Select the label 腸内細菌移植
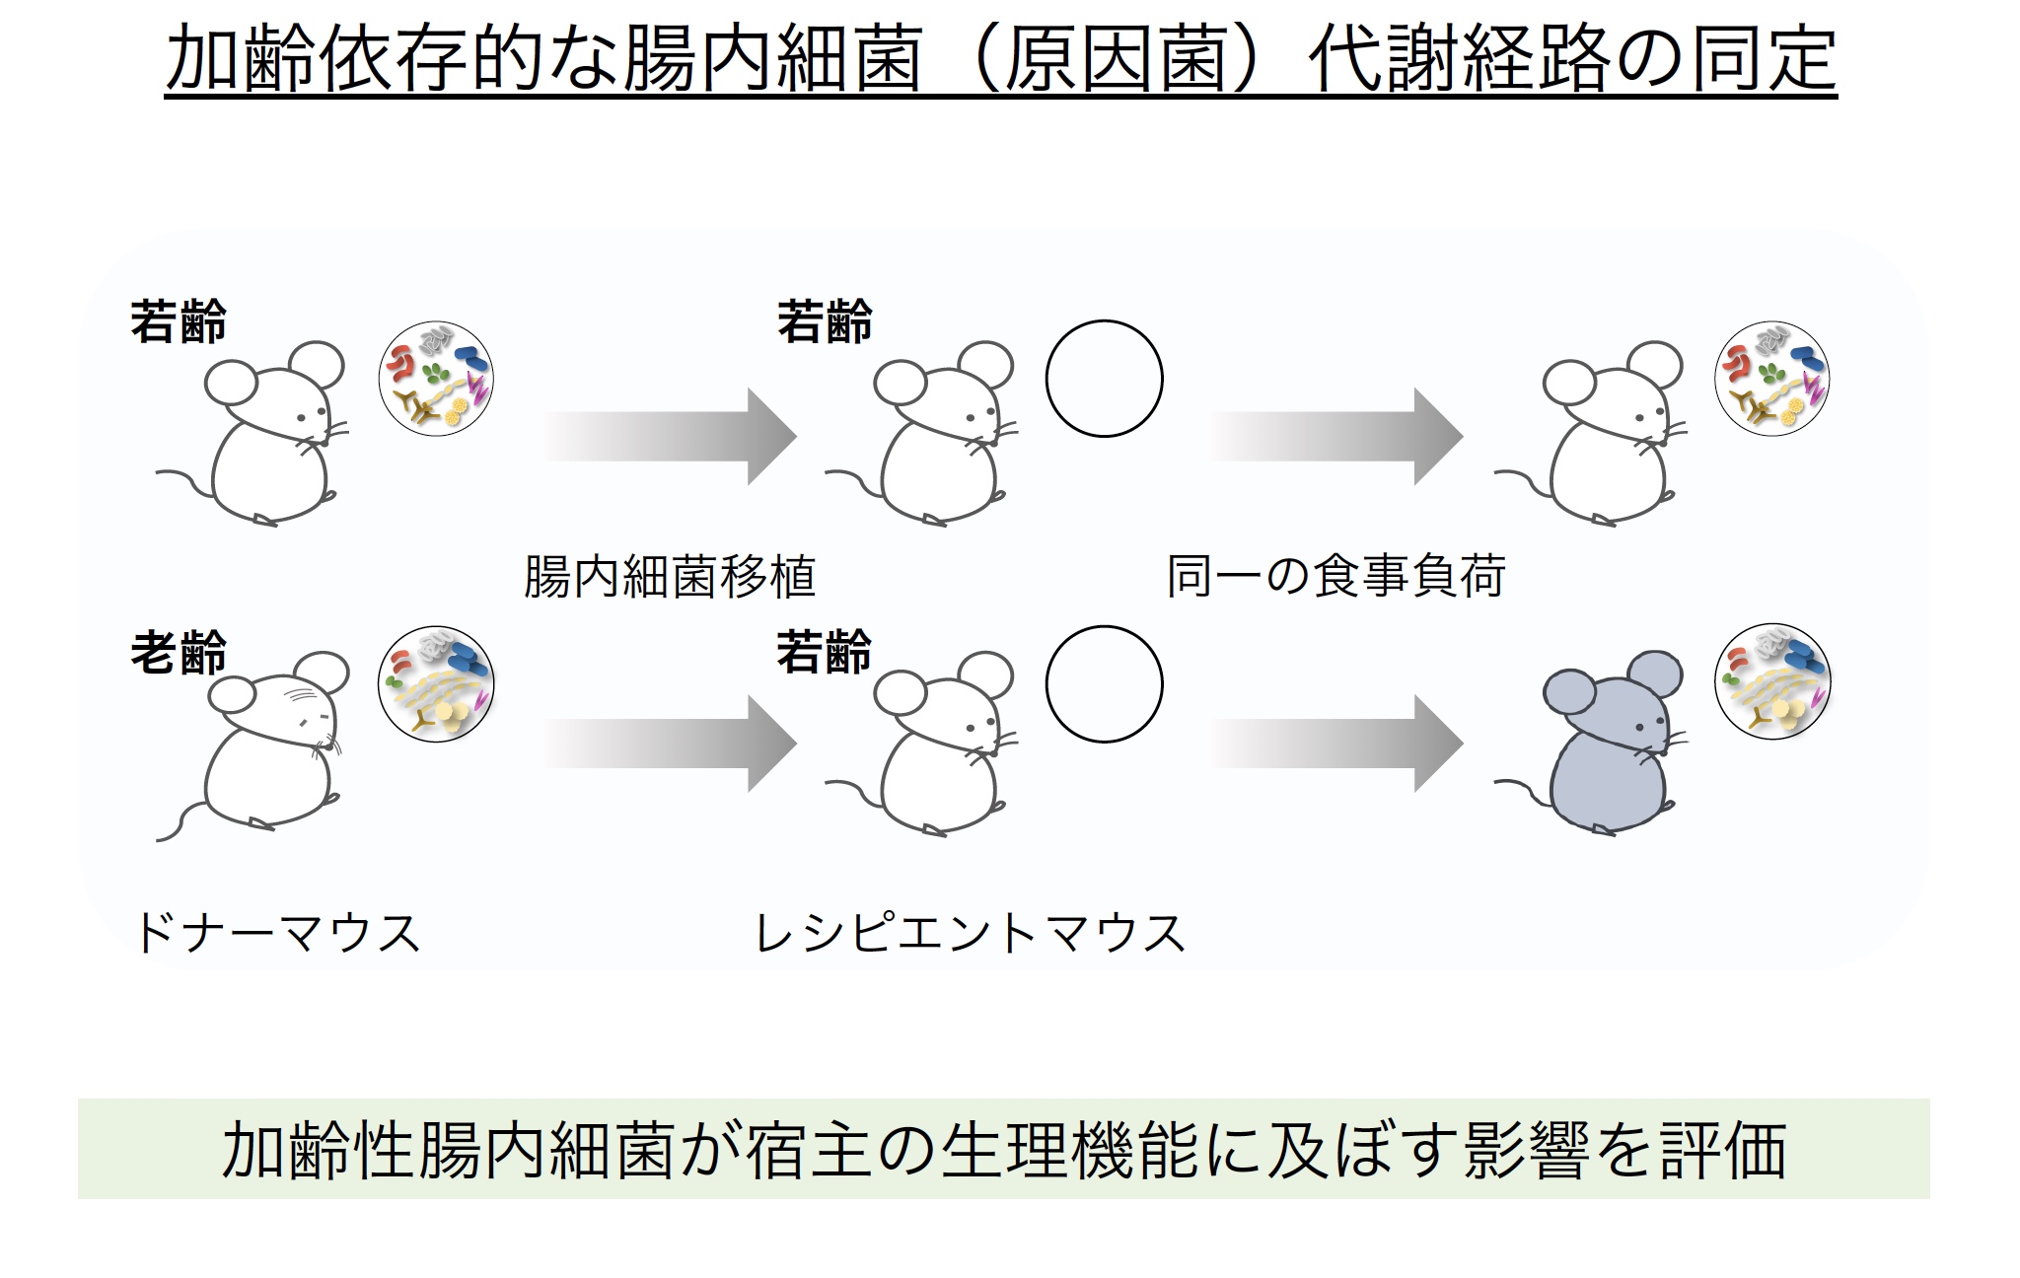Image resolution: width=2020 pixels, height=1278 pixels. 669,577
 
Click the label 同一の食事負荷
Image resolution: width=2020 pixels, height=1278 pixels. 1335,577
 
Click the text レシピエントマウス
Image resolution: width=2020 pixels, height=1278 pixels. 969,933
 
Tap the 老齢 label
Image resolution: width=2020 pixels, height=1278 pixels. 179,653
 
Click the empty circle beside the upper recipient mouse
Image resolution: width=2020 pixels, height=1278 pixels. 1104,379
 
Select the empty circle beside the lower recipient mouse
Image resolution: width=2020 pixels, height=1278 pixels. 1104,684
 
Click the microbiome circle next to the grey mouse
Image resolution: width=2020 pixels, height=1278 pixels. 1772,681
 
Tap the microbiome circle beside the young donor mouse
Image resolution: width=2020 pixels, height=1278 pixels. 436,379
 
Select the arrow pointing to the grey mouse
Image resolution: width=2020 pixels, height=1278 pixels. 1335,744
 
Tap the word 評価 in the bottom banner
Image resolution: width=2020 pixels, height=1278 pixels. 1722,1150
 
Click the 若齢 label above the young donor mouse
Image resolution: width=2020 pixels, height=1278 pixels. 179,322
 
